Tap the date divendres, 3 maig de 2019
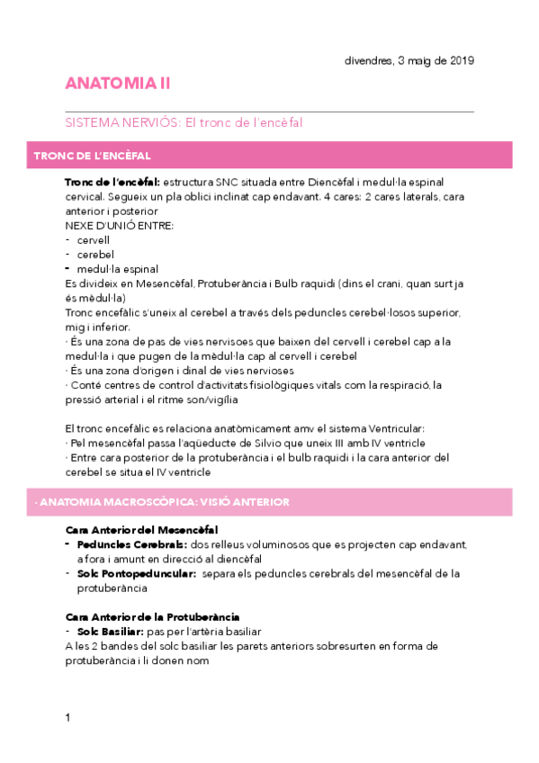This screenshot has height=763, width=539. [x=409, y=60]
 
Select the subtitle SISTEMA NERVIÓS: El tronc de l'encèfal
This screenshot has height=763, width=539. [x=184, y=122]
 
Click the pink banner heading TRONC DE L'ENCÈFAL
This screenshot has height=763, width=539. [x=92, y=156]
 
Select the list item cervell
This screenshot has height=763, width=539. [x=94, y=241]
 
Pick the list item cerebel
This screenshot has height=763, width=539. [x=94, y=255]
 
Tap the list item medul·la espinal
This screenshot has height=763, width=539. [x=118, y=268]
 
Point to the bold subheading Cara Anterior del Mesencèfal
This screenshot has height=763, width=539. [x=142, y=529]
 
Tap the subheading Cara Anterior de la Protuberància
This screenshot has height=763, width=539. [x=153, y=616]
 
